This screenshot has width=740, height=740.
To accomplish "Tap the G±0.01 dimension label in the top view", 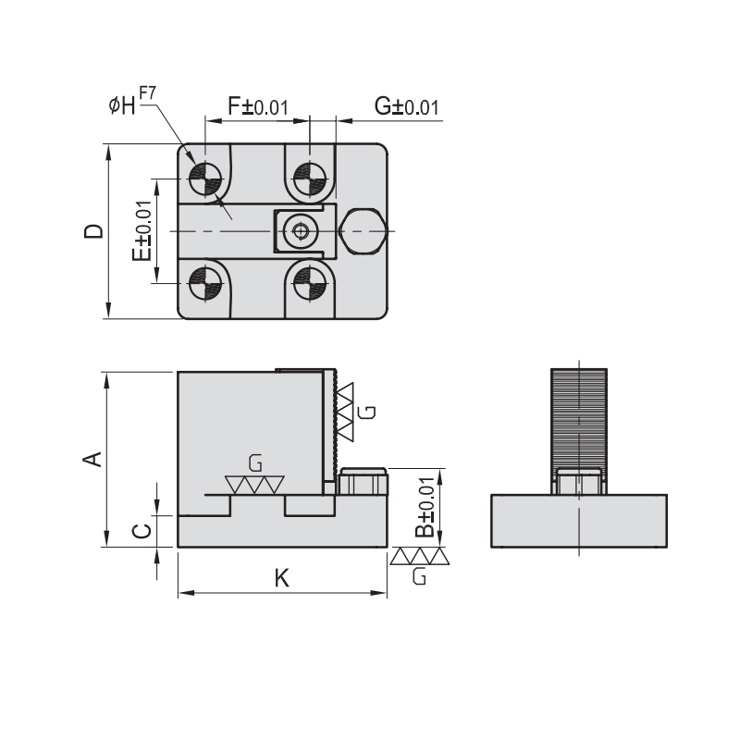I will point(406,106).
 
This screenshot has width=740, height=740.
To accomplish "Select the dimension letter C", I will point(141,530).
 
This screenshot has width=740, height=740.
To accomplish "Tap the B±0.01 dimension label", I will point(424,509).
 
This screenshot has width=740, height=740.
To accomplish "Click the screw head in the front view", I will point(363,483).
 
